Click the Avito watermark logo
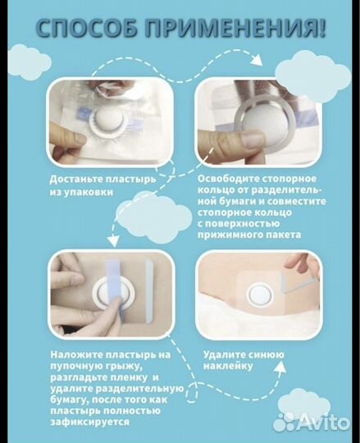312,422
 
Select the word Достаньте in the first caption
75,180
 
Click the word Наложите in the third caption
75,355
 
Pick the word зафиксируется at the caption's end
89,422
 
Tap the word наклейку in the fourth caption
228,367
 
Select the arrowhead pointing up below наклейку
280,367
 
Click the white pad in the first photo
108,120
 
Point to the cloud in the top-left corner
30,62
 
